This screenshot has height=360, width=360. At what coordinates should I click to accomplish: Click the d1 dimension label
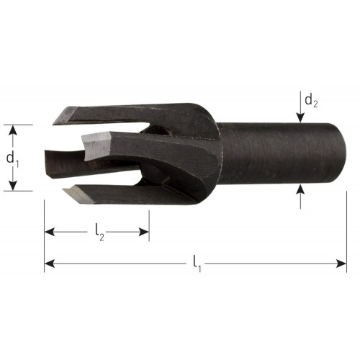(12, 159)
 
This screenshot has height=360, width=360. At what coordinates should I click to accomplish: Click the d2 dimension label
(311, 101)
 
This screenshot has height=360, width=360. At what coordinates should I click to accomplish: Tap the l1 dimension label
(197, 264)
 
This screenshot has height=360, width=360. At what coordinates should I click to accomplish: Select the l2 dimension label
(99, 233)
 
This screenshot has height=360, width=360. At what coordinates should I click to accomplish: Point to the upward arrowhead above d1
(13, 130)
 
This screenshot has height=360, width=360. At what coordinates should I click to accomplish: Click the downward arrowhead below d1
(13, 186)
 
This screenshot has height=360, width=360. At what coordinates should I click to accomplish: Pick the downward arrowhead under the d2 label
(300, 118)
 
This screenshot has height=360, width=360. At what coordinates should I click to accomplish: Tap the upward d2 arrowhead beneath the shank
(300, 189)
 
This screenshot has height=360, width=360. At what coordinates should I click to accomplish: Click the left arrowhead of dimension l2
(50, 232)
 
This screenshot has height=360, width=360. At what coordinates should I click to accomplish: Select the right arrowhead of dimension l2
(144, 232)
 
